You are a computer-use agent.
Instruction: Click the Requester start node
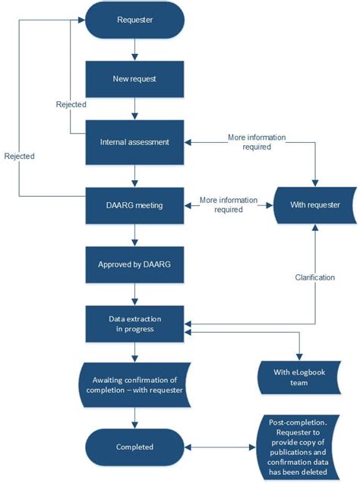coord(134,20)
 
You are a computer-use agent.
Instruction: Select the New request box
coord(134,78)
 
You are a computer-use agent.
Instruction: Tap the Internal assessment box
coord(134,141)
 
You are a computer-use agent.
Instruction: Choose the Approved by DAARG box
coord(134,266)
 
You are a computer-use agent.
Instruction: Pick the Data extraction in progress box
coord(134,324)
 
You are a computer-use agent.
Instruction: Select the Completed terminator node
coord(134,447)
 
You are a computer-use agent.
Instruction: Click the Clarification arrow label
coord(314,277)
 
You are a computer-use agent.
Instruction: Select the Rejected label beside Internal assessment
coord(71,104)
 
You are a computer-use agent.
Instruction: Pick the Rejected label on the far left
coord(18,156)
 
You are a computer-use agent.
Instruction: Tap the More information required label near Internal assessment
coord(257,142)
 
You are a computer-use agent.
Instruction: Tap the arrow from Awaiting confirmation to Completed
coord(134,416)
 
